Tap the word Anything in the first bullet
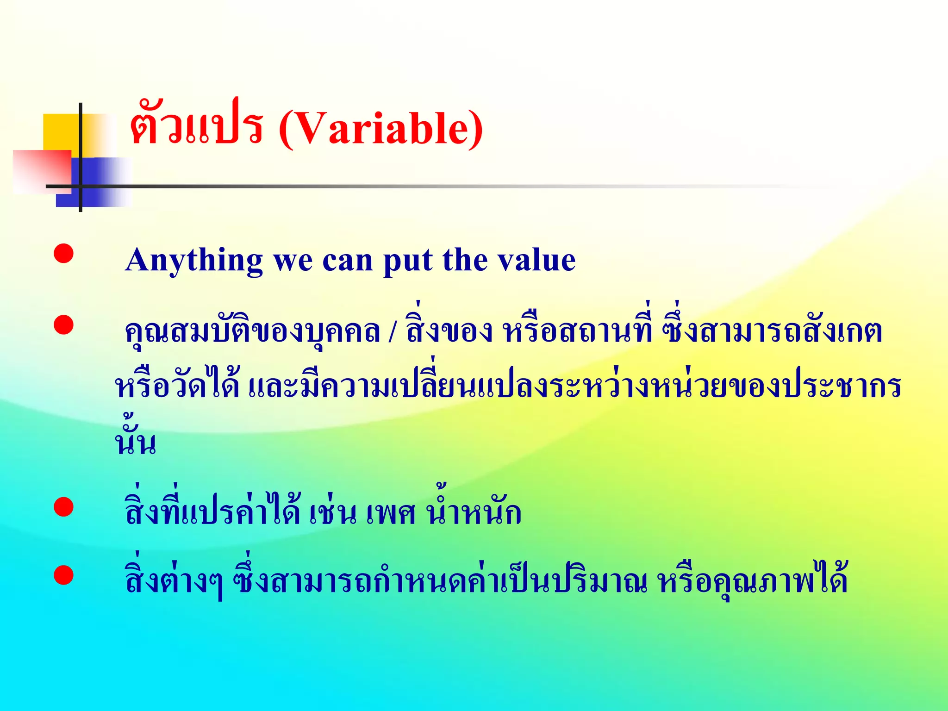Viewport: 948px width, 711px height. click(x=194, y=260)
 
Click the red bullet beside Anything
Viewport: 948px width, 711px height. click(x=63, y=254)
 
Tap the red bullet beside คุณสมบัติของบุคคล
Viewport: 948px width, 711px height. click(x=63, y=324)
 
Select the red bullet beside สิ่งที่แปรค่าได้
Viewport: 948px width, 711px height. click(x=63, y=507)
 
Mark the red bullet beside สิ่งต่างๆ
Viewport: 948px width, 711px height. click(x=63, y=575)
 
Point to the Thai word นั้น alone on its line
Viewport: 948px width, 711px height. click(x=135, y=440)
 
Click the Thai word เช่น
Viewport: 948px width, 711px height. click(x=333, y=513)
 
